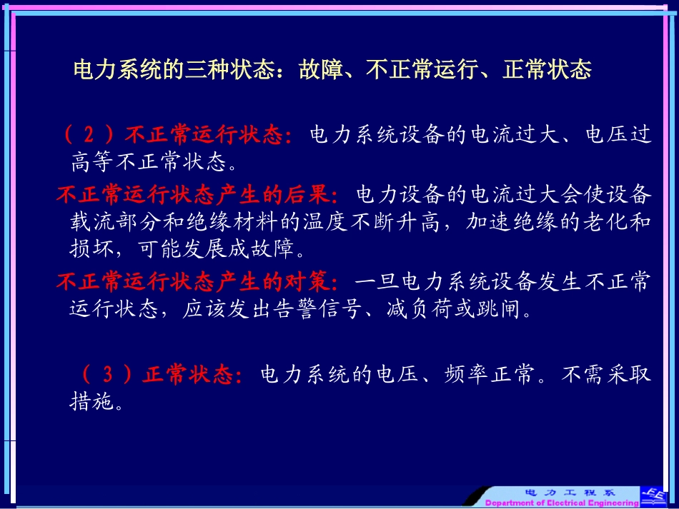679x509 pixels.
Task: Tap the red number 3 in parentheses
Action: point(107,375)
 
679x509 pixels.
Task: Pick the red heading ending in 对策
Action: point(199,282)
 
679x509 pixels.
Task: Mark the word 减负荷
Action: point(420,311)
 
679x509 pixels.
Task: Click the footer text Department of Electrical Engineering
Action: point(562,503)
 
